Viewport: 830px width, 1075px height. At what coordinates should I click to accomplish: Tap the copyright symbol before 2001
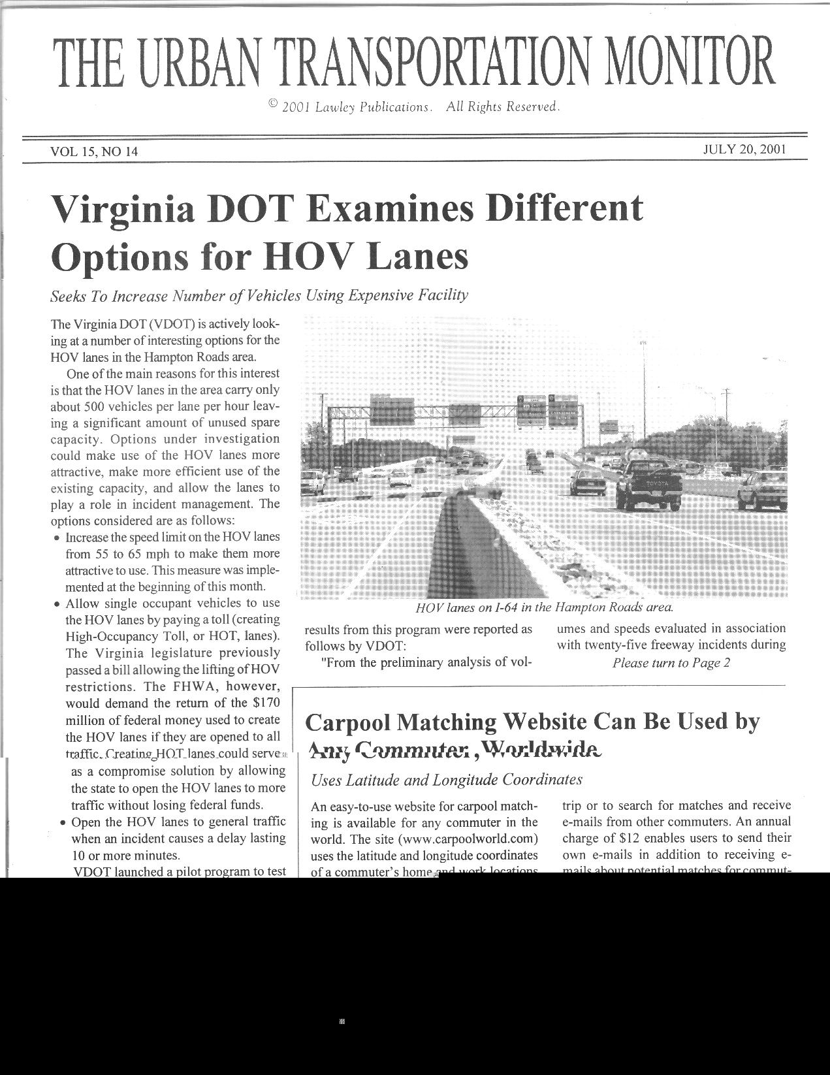273,104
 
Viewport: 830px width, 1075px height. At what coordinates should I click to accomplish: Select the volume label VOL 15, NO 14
94,152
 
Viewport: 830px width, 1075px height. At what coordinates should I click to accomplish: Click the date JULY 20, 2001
744,149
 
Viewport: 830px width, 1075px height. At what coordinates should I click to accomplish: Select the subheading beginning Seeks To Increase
259,296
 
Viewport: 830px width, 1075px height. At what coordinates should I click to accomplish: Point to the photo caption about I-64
544,607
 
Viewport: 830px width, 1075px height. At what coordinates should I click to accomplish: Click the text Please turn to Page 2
671,663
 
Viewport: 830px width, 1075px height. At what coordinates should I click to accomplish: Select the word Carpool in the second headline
348,723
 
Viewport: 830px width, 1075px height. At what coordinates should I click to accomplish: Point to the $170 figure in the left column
266,703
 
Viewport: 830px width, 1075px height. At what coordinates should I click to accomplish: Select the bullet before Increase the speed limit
57,538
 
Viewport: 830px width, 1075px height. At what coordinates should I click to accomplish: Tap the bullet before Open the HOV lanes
63,823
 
